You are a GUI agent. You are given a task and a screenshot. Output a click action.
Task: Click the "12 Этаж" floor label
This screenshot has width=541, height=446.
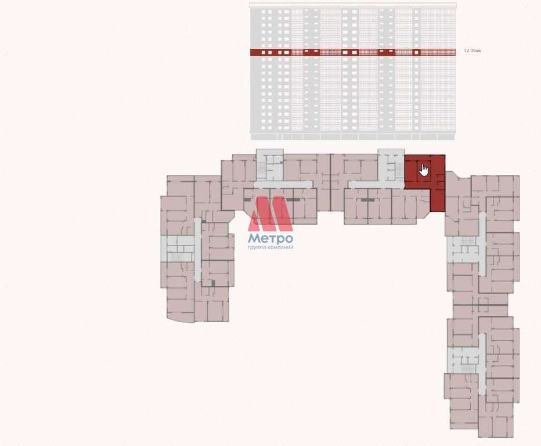click(x=473, y=51)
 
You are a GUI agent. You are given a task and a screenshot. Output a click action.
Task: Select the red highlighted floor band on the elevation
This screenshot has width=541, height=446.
click(x=354, y=52)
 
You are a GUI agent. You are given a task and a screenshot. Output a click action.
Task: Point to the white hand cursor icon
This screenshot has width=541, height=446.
click(x=424, y=170)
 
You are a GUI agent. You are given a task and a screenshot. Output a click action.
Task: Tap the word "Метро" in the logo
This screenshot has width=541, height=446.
click(x=270, y=238)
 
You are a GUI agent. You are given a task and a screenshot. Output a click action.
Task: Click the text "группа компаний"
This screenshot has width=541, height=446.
click(x=270, y=247)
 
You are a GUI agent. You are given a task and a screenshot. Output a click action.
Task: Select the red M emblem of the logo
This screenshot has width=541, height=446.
click(x=270, y=213)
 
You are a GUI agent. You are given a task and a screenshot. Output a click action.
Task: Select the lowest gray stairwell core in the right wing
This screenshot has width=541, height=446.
click(x=463, y=360)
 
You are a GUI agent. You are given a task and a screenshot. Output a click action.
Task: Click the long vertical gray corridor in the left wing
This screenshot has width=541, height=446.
click(x=197, y=250)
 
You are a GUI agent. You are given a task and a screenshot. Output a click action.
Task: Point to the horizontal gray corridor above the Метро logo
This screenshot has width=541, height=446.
click(x=283, y=185)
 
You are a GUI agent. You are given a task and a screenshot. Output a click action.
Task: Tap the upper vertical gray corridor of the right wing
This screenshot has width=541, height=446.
click(x=482, y=244)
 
